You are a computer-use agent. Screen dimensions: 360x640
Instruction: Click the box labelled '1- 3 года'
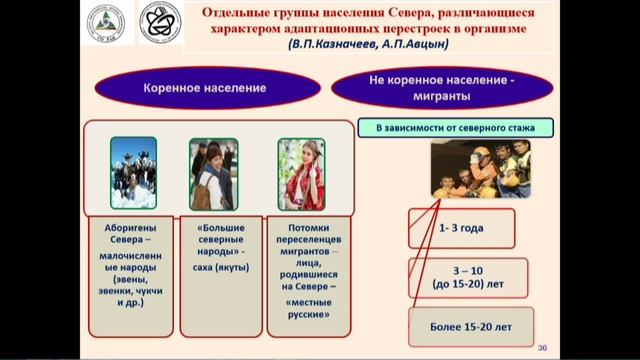[461, 228]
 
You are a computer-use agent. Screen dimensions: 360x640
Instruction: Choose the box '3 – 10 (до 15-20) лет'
[461, 276]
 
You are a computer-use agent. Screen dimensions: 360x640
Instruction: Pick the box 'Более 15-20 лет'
[462, 327]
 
